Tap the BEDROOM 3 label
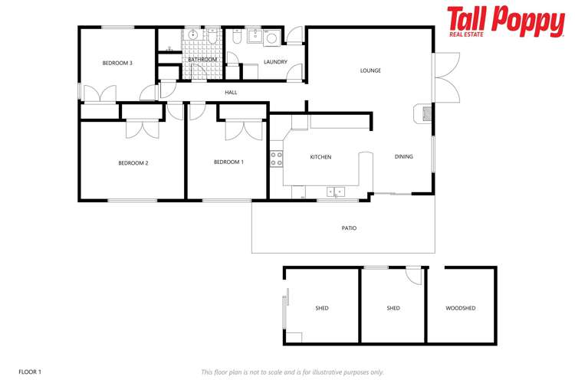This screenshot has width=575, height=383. click(118, 63)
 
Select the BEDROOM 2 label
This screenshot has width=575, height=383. click(133, 162)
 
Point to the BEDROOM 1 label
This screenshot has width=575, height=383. click(228, 162)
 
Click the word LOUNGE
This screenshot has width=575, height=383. click(370, 70)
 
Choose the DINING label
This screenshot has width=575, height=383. click(403, 157)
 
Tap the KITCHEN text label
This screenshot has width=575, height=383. click(320, 157)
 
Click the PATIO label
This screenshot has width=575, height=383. click(349, 228)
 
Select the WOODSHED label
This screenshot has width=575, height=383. click(460, 308)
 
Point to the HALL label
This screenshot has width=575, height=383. click(231, 93)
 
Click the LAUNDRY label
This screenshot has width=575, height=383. click(274, 62)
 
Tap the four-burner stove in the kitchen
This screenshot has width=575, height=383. click(276, 159)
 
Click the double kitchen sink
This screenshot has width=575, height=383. click(336, 191)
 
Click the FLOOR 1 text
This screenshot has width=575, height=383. click(30, 372)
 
